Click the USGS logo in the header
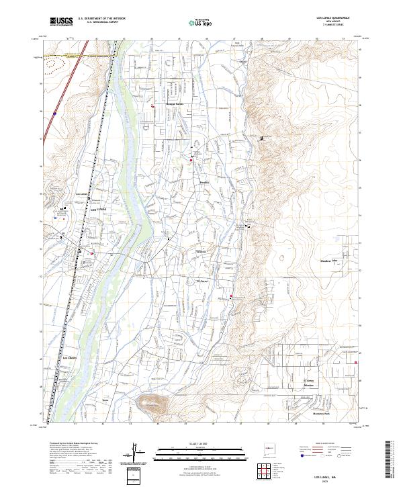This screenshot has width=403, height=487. coord(61,22)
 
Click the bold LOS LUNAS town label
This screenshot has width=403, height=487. coord(98,210)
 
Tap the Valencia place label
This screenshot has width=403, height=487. coord(200,251)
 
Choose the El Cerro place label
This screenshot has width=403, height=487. coord(204,281)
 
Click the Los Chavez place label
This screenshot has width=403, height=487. coord(71,358)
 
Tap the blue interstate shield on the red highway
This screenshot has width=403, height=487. coord(53,115)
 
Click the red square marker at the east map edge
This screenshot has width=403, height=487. coord(356,363)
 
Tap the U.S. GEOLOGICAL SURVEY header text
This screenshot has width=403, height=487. coord(98,24)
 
